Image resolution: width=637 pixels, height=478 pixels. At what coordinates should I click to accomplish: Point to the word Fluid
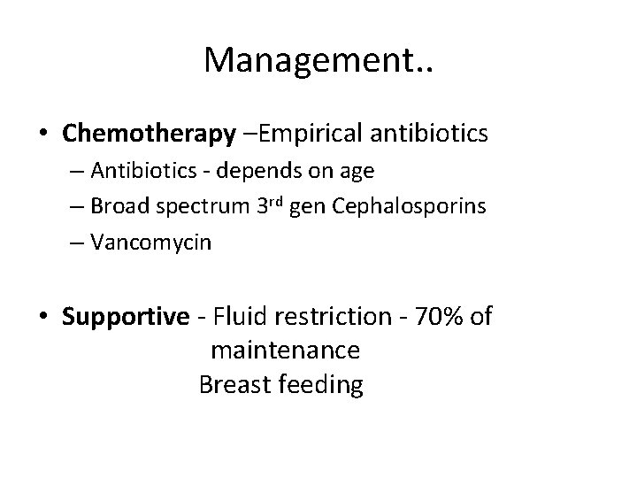[262, 316]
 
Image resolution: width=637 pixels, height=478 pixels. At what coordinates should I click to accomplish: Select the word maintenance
[285, 351]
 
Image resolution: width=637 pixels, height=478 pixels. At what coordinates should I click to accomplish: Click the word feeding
[322, 386]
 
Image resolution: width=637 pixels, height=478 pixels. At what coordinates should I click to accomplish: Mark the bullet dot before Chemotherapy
[44, 134]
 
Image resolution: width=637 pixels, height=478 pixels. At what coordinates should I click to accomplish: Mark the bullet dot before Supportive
[44, 317]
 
